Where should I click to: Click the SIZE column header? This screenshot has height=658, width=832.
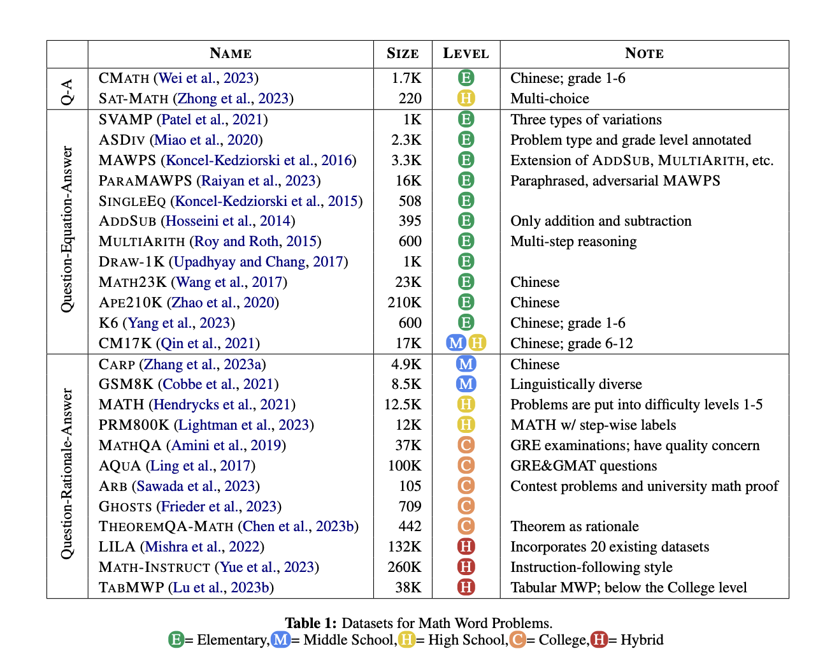(x=403, y=54)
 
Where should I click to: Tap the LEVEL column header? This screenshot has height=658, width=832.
(x=466, y=54)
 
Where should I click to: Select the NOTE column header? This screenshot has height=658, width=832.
(x=644, y=54)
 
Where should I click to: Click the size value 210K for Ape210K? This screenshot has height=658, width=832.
(x=405, y=302)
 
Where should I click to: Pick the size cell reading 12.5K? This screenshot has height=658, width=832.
(x=403, y=404)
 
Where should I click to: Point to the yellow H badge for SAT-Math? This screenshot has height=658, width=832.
(x=466, y=98)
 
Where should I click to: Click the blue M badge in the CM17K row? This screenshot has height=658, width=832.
(x=456, y=343)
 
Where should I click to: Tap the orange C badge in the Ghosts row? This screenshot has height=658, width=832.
(x=466, y=506)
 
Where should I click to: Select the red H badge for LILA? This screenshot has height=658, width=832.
(x=466, y=546)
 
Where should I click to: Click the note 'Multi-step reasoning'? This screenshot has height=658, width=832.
(x=573, y=242)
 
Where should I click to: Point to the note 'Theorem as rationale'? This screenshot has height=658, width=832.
(x=575, y=527)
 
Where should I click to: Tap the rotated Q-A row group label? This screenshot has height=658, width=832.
(x=68, y=92)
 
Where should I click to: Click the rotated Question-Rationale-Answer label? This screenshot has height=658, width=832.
(x=68, y=474)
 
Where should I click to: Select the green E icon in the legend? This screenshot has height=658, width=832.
(x=176, y=640)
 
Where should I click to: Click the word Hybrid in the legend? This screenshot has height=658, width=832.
(x=642, y=640)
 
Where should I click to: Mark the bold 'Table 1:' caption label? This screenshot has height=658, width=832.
(x=311, y=623)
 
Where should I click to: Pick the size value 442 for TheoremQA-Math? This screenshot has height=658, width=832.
(x=410, y=527)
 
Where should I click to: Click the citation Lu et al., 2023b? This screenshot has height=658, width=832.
(x=221, y=588)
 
